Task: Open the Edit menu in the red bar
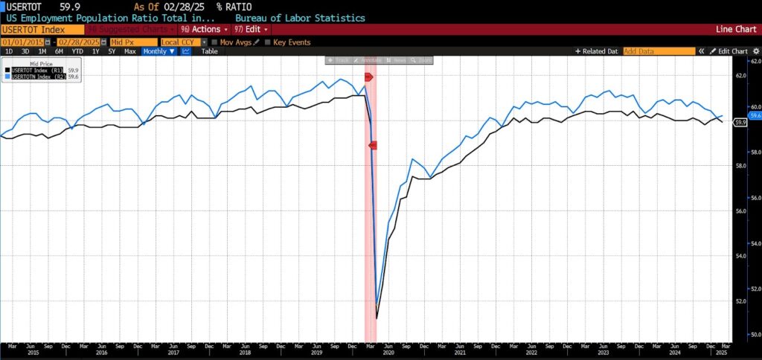coord(251,29)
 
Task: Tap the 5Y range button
coord(112,51)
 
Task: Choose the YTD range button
coord(77,51)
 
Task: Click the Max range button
coord(129,51)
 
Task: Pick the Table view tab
coord(209,51)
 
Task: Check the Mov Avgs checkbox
coord(214,42)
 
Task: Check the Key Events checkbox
coord(268,42)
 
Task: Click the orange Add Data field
coord(656,51)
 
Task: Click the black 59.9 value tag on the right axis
coord(740,122)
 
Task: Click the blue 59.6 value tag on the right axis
coord(755,115)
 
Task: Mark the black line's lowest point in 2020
coord(377,318)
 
